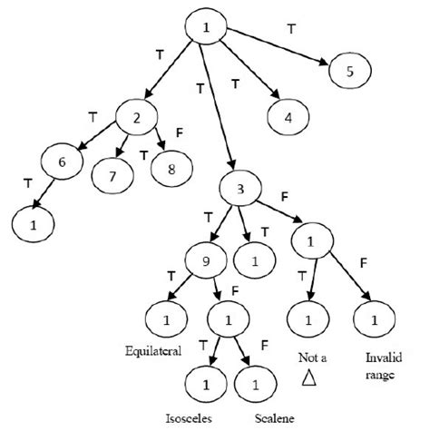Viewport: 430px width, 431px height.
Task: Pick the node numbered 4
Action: point(288,116)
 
